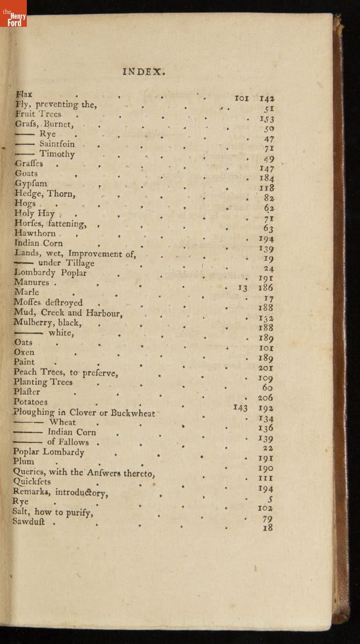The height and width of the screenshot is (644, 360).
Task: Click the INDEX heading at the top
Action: pos(144,71)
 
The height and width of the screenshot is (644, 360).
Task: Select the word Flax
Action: pos(24,94)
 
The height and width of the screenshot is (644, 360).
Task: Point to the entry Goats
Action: pos(26,173)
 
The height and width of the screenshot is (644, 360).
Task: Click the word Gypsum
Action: pos(31,184)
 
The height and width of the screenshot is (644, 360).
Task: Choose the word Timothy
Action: pos(57,154)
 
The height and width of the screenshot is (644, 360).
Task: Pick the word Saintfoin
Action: pos(57,144)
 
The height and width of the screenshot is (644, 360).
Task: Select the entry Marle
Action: pos(26,292)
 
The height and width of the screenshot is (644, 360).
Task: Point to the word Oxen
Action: pos(24,352)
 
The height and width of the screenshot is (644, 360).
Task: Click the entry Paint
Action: pos(24,362)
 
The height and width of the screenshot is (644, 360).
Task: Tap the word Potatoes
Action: pos(31,402)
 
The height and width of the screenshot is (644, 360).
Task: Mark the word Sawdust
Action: pos(29,522)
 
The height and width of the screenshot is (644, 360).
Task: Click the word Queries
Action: pos(29,472)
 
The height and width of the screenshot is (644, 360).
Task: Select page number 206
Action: pos(265,398)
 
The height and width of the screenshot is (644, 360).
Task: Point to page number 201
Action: pos(266,368)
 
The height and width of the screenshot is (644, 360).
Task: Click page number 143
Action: pos(240,408)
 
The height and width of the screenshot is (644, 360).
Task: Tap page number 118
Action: pos(266,188)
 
